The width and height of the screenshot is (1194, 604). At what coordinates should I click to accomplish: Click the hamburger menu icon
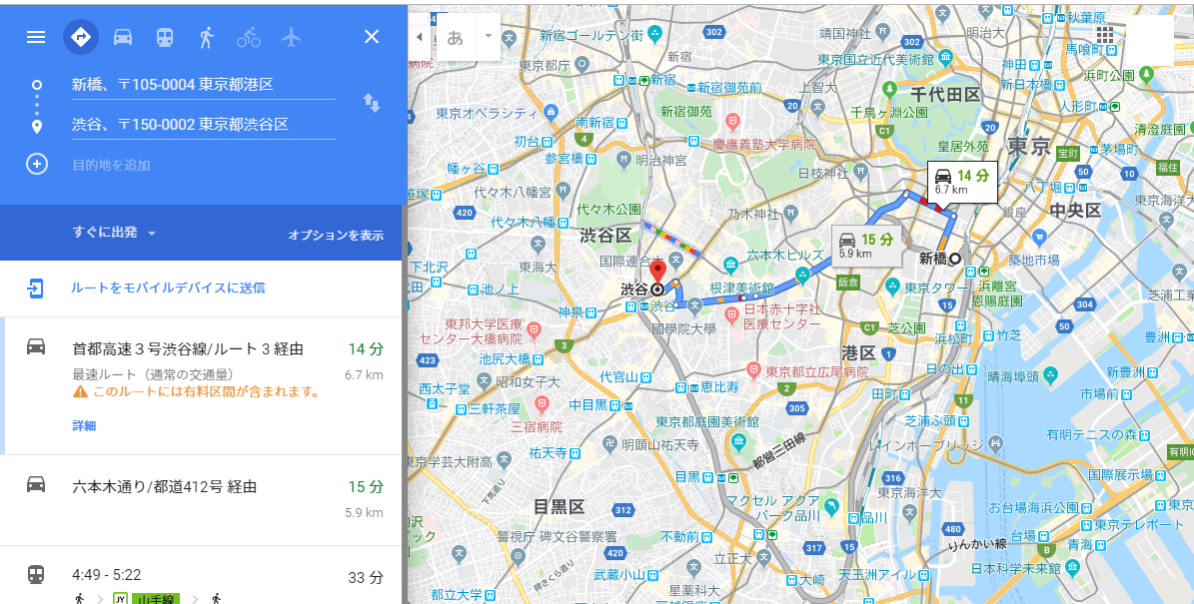(36, 37)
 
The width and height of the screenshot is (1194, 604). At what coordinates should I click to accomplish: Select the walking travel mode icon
(207, 37)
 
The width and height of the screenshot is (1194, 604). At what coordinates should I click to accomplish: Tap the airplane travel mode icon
(291, 37)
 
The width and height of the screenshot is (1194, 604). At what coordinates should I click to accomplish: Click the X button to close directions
(372, 37)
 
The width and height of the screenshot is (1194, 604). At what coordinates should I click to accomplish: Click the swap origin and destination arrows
(371, 103)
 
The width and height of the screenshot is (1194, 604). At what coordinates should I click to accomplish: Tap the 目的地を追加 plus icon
(37, 164)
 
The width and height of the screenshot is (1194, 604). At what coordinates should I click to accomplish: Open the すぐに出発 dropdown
(115, 233)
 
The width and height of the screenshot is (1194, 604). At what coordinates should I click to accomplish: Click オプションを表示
(336, 236)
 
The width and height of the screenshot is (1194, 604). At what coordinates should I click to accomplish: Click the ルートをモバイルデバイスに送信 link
(167, 288)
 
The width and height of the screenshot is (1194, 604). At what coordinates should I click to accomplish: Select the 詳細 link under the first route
(84, 425)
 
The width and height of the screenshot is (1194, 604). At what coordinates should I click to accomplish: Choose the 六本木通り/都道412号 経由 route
(164, 487)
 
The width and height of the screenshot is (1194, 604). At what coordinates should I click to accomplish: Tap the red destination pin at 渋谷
(657, 272)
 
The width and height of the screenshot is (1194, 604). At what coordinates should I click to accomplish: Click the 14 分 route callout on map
(962, 181)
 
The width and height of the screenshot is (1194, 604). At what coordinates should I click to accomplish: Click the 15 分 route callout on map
(865, 244)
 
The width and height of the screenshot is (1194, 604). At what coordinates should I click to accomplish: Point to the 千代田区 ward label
(944, 94)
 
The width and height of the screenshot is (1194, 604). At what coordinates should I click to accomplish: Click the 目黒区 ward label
(558, 506)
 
